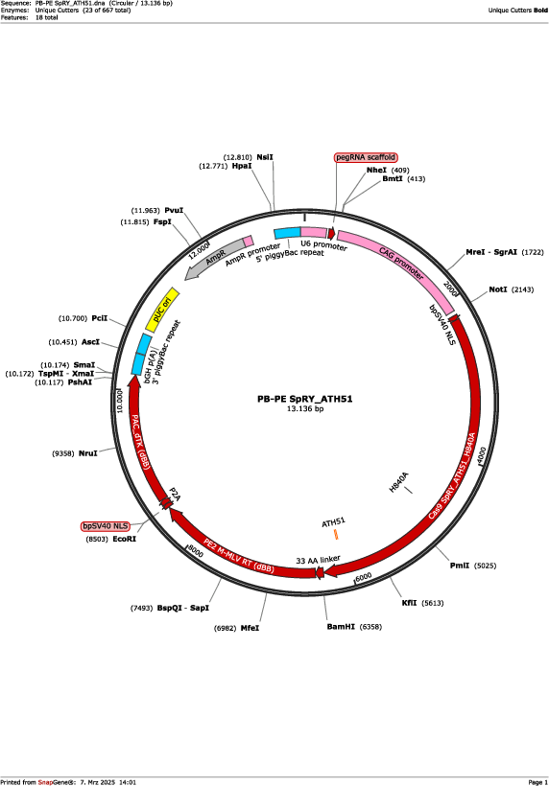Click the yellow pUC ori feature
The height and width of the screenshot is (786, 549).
[162, 310]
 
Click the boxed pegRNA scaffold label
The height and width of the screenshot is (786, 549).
[366, 157]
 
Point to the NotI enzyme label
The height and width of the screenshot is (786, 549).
[498, 289]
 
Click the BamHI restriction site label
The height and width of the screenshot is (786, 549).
[341, 627]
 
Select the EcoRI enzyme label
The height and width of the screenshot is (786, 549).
[124, 539]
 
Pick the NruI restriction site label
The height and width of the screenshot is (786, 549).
[87, 453]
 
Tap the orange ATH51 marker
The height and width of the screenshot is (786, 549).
[336, 534]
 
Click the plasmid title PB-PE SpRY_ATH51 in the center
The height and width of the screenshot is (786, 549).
[304, 399]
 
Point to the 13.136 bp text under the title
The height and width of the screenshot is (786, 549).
[305, 408]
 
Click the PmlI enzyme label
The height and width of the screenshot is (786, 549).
[459, 566]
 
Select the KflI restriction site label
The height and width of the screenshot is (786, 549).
[409, 603]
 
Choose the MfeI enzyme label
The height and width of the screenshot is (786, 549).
[250, 628]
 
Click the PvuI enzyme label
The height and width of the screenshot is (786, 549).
[174, 211]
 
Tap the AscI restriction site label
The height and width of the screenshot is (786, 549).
[90, 342]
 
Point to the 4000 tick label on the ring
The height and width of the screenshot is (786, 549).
[481, 455]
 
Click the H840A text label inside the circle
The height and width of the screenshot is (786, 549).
[399, 482]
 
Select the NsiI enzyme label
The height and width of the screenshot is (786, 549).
[265, 157]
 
